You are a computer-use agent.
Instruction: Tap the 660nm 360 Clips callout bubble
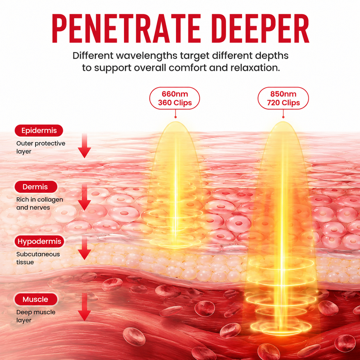[x=175, y=98]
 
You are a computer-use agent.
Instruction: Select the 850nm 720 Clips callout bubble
[x=283, y=98]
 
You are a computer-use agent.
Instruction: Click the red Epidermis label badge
[x=39, y=130]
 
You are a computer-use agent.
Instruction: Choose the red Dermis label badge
[x=36, y=187]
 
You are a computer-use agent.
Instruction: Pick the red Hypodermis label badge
[x=39, y=241]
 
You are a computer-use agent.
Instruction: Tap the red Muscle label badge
[x=36, y=299]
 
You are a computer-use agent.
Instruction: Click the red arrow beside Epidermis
[x=84, y=146]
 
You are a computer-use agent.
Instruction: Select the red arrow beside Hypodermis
[x=84, y=248]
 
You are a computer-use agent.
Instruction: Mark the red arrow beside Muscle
[x=84, y=307]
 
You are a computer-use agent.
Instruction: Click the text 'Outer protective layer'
[x=41, y=147]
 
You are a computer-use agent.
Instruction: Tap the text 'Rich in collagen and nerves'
[x=39, y=203]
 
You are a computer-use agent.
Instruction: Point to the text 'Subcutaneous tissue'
[x=38, y=258]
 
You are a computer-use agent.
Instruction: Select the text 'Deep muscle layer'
[x=36, y=316]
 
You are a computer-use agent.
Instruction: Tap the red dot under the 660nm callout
[x=176, y=117]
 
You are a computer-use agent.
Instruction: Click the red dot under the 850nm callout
[x=283, y=117]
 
